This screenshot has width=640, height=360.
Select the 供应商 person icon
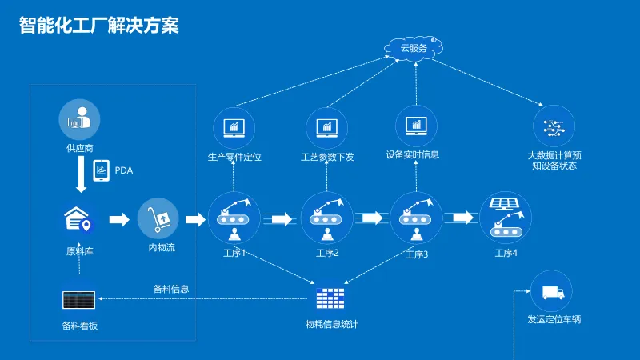[x=79, y=120]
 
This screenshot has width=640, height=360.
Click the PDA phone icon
[x=102, y=170]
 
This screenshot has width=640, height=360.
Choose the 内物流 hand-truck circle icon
[x=158, y=218]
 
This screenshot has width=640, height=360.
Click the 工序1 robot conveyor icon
[x=234, y=218]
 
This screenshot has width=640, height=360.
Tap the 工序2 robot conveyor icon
[x=327, y=218]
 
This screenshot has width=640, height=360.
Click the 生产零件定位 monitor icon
[x=234, y=127]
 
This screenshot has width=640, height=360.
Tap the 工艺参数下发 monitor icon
[x=326, y=127]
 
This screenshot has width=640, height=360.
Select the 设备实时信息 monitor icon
[x=416, y=125]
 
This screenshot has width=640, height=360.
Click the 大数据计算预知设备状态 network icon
[x=554, y=126]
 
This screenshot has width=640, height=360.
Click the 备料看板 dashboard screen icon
[x=79, y=300]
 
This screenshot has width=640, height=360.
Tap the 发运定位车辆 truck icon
[x=552, y=294]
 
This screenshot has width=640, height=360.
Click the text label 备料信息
[x=171, y=289]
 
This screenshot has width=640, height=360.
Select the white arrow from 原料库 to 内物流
[x=119, y=219]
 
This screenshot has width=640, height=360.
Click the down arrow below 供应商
[x=80, y=174]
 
